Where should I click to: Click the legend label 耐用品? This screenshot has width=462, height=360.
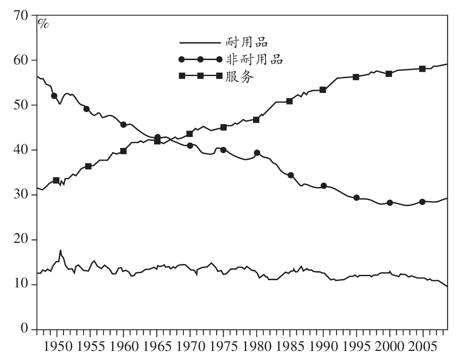click(x=247, y=42)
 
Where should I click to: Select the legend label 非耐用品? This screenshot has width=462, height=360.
click(x=254, y=59)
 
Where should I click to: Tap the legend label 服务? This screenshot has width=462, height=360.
click(x=239, y=76)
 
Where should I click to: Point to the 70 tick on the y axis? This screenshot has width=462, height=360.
click(x=22, y=16)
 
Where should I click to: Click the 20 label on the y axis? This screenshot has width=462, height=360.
click(x=22, y=240)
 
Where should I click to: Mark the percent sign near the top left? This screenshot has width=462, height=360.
click(x=44, y=23)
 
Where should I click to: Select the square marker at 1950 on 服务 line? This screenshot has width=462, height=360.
click(x=56, y=180)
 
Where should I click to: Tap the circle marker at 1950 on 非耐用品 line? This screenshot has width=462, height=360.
click(x=54, y=96)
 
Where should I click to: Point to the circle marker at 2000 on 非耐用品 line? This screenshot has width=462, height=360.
click(x=390, y=203)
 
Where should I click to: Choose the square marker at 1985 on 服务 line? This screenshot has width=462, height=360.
click(x=289, y=101)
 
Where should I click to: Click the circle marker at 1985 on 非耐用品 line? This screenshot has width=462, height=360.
click(x=291, y=175)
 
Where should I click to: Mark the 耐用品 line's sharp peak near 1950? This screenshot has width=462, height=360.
click(x=60, y=250)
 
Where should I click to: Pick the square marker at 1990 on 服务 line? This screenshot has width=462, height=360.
click(x=323, y=90)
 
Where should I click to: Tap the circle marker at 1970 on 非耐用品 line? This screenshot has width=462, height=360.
click(x=190, y=146)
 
